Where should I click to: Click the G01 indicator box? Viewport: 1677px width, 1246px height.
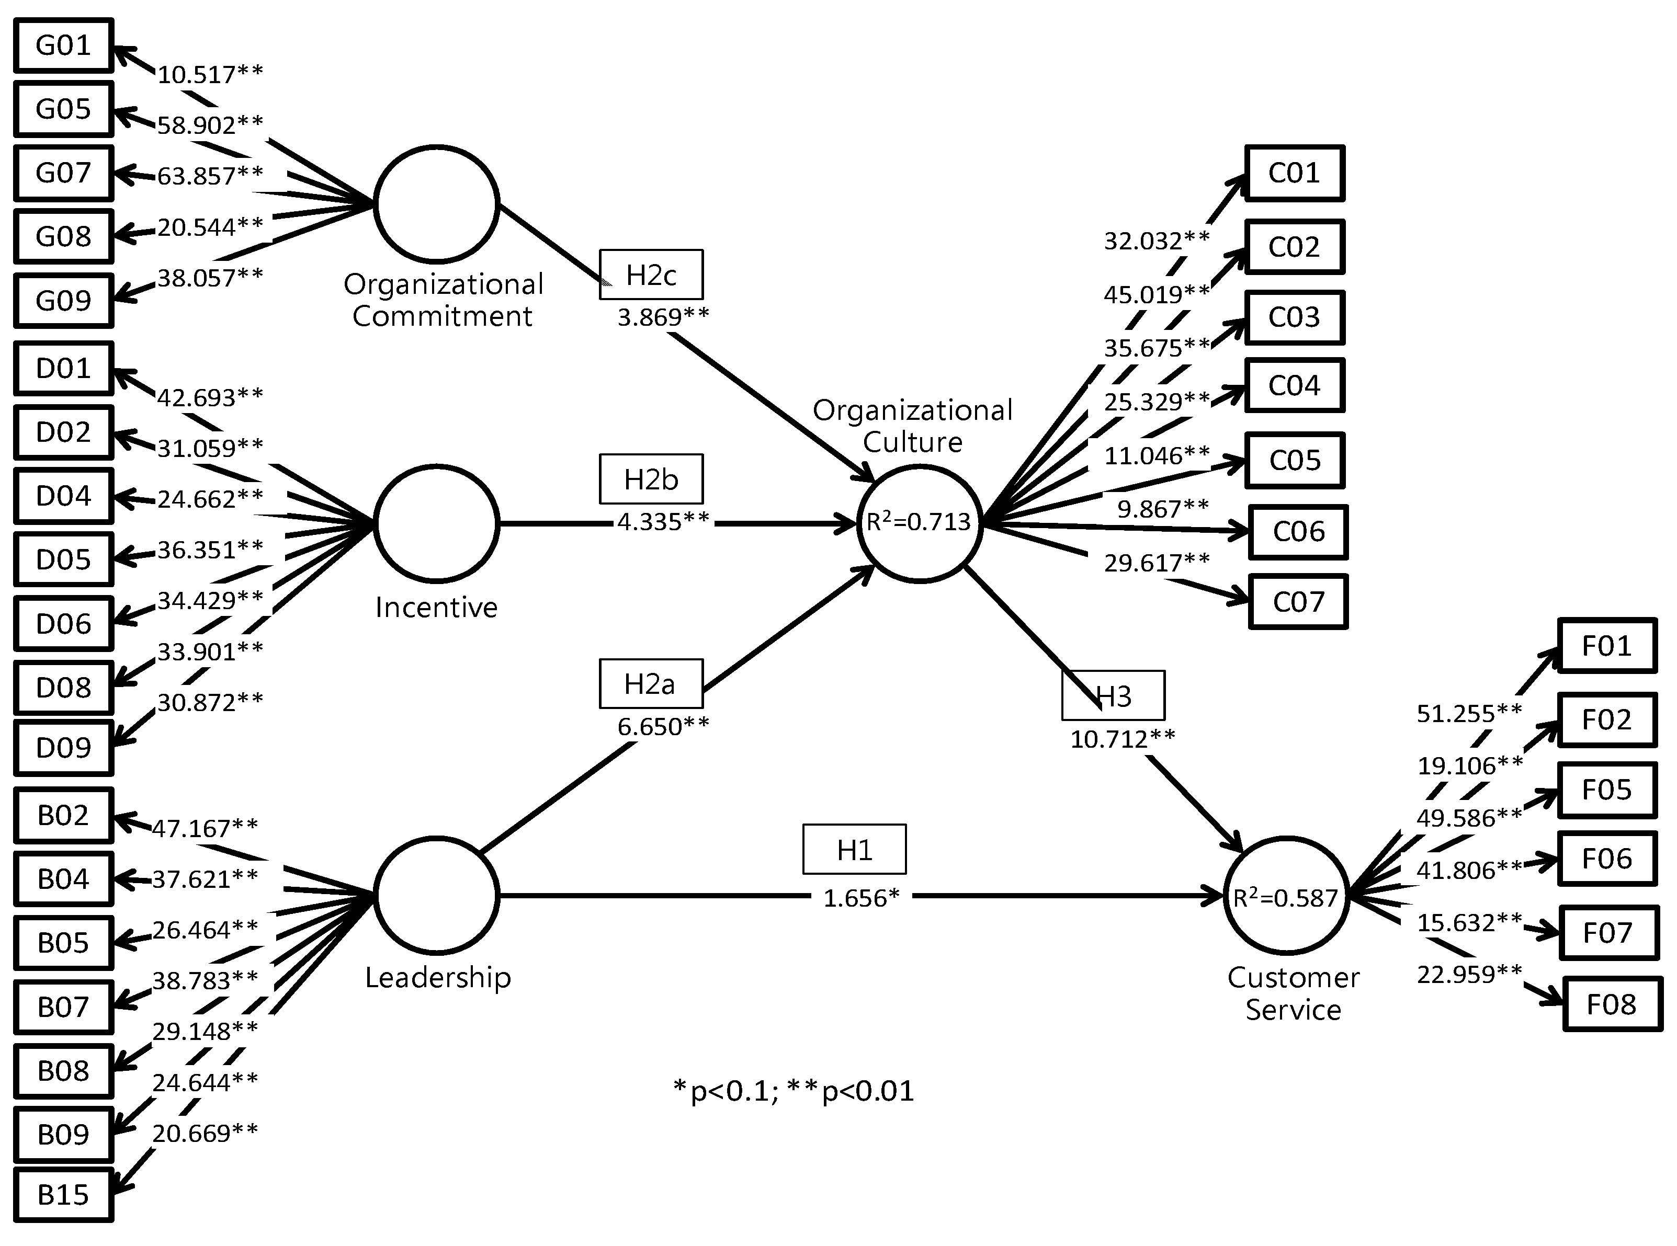[x=63, y=46]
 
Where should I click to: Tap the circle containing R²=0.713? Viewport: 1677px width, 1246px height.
[x=919, y=523]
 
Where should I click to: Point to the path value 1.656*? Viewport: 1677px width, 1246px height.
[x=861, y=898]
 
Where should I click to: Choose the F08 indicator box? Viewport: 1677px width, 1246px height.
[x=1612, y=1004]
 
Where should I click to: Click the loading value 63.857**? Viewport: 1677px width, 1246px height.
[x=210, y=176]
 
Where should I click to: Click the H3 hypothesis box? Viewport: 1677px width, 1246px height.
[x=1113, y=695]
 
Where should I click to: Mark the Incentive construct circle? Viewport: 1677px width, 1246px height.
[x=436, y=523]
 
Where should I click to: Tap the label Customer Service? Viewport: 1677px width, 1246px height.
[x=1293, y=993]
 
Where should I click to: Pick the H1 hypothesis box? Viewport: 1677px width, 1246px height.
[x=854, y=849]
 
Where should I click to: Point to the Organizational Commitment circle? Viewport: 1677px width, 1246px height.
[x=436, y=203]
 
